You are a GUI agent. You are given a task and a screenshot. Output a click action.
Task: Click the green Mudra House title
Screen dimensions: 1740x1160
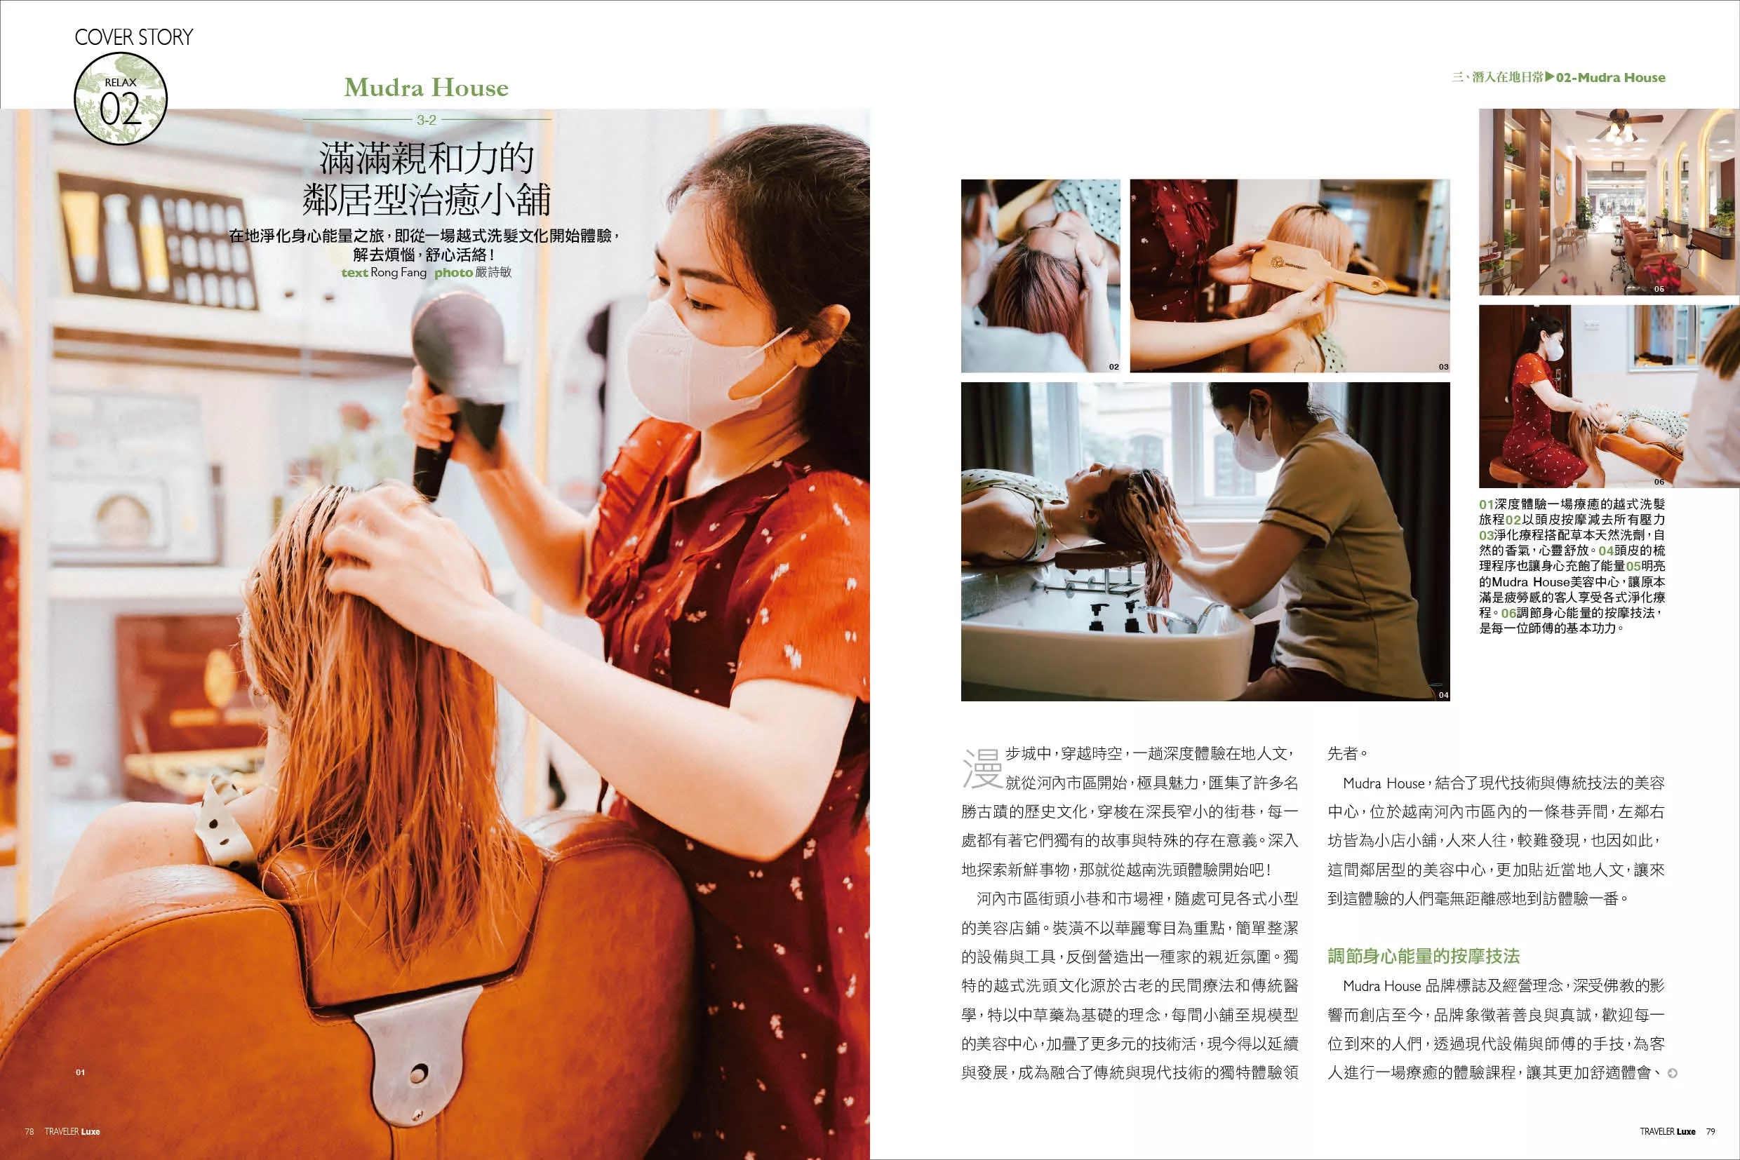pos(427,87)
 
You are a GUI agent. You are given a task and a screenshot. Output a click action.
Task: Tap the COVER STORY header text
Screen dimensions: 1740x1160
pos(134,37)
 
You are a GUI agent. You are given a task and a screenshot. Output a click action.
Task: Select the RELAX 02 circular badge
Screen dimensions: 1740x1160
pos(121,98)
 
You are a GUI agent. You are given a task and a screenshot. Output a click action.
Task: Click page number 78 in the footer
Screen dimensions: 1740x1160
pos(29,1131)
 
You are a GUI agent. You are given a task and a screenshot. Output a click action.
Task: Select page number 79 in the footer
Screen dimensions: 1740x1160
pos(1711,1131)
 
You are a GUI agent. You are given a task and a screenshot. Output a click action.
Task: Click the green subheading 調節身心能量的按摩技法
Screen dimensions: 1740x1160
pos(1424,956)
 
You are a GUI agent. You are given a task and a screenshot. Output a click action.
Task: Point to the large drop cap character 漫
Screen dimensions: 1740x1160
pos(982,768)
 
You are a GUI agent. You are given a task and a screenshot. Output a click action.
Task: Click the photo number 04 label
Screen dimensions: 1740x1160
pos(1443,695)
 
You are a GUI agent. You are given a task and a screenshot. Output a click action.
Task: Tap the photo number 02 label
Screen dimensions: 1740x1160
pos(1114,367)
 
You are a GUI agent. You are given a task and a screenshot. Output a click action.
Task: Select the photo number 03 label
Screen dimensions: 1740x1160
pos(1443,367)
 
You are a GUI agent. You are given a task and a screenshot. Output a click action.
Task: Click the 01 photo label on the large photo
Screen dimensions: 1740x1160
pos(80,1072)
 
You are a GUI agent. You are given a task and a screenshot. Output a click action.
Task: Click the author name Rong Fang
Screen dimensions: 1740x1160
pos(399,272)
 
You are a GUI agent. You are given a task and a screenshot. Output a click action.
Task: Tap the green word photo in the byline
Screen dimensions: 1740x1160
pos(454,272)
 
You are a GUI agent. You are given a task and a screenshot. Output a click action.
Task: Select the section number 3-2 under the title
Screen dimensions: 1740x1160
pos(427,119)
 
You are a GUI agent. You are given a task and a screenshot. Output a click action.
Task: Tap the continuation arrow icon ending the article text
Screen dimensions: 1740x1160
pos(1672,1073)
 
